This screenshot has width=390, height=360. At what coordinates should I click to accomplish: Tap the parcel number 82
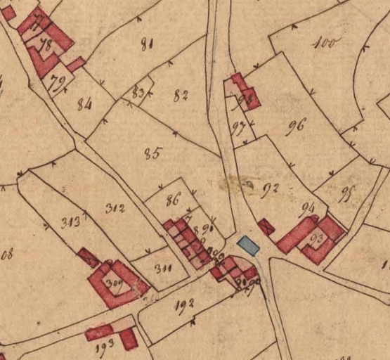click(181, 95)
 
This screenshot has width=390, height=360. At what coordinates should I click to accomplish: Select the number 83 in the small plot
click(138, 93)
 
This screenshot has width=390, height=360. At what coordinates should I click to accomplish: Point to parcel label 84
click(85, 105)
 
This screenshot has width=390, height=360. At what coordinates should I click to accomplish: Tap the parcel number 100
click(325, 44)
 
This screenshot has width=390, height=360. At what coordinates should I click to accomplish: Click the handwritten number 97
click(239, 127)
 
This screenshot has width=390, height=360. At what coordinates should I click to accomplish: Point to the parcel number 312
click(115, 207)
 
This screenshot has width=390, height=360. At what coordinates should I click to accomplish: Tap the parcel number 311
click(163, 267)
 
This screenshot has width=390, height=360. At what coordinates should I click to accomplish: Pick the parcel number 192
click(185, 304)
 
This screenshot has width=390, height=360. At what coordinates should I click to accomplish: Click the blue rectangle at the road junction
click(247, 245)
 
